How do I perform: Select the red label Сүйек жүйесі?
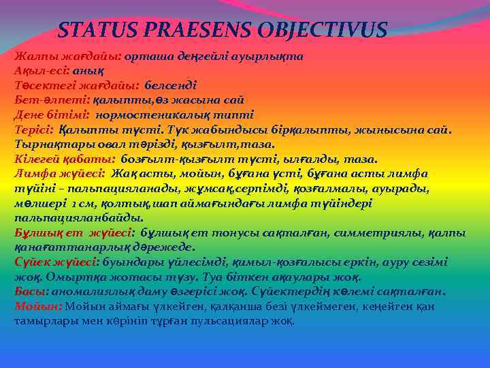point(56,262)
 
